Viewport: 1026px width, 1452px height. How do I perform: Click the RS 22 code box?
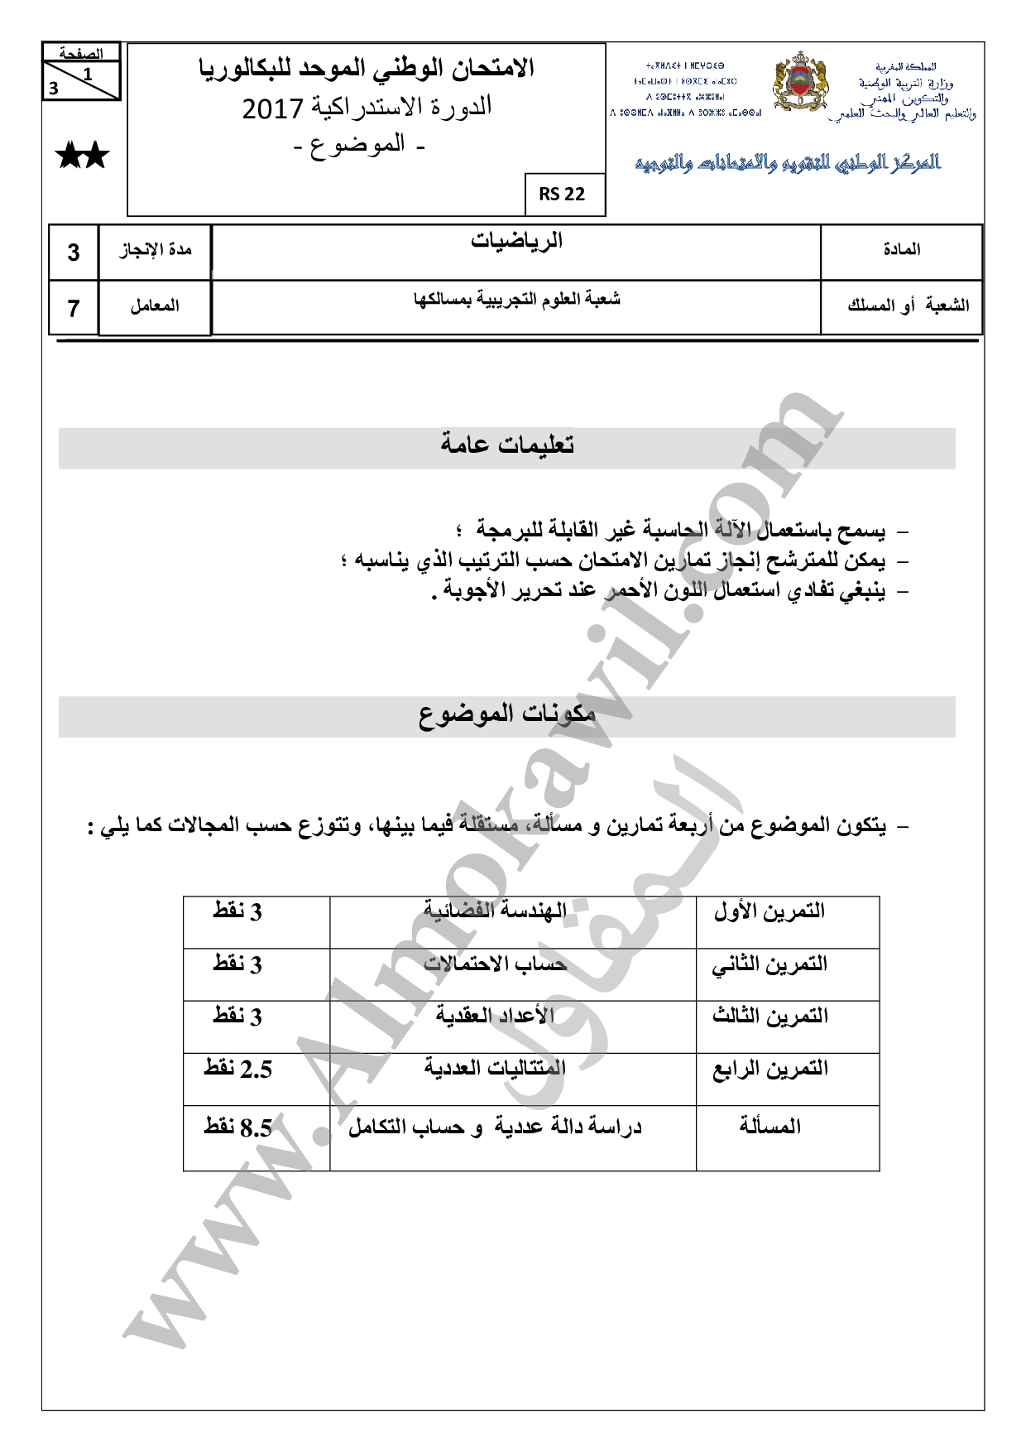coord(562,195)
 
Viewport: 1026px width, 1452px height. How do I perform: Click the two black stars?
coord(82,155)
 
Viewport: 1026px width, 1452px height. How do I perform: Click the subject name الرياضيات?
coord(516,241)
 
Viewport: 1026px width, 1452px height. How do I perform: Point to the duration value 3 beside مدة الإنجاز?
coord(74,252)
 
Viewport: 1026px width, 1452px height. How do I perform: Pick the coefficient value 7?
coord(74,308)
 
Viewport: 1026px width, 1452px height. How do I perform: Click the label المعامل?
coord(155,306)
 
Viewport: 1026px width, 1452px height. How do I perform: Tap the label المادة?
coord(902,249)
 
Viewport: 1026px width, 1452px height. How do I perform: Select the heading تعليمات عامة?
coord(507,445)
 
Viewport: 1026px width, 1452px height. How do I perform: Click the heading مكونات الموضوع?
coord(507,714)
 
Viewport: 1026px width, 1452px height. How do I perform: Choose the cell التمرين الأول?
coord(769,911)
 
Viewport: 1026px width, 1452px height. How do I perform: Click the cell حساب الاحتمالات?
coord(495,964)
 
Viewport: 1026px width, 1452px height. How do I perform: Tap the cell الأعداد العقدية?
coord(495,1016)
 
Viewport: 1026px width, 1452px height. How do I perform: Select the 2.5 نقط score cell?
coord(237,1069)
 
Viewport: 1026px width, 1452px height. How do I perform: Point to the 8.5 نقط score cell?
coord(237,1127)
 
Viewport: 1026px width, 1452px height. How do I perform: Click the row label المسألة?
coord(769,1127)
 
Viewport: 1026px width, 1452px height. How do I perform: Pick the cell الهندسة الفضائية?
coord(495,911)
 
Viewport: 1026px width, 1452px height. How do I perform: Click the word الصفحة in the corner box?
coord(81,54)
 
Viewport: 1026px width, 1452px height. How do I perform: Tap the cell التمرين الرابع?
coord(769,1069)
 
